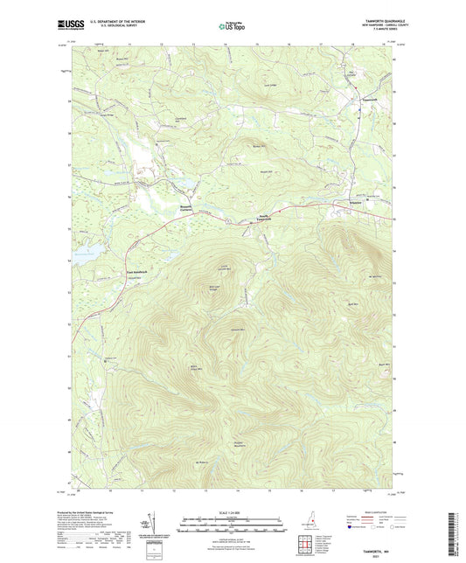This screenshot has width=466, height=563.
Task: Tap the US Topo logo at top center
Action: tap(232, 27)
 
